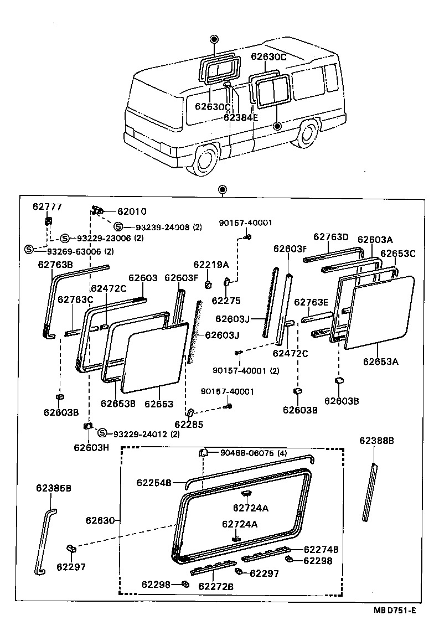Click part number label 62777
tap(47, 207)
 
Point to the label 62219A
tap(207, 265)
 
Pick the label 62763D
tap(331, 237)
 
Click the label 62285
tap(189, 425)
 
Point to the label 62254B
tap(154, 483)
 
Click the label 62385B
tap(54, 488)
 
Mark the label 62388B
tap(376, 441)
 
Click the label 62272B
tap(216, 586)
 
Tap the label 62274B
tap(322, 550)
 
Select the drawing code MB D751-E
tap(394, 611)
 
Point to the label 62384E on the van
tap(241, 117)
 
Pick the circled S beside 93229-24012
tap(102, 433)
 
